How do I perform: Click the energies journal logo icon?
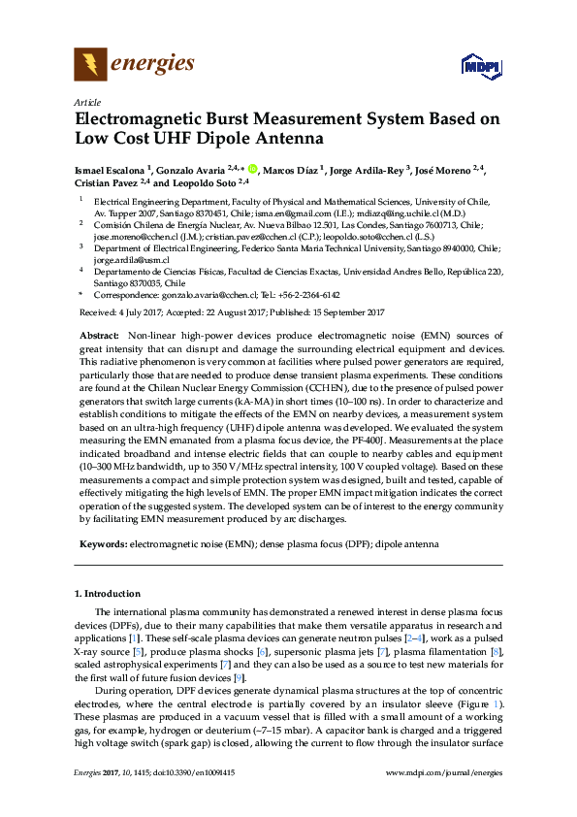click(91, 65)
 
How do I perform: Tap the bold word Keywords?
click(102, 544)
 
